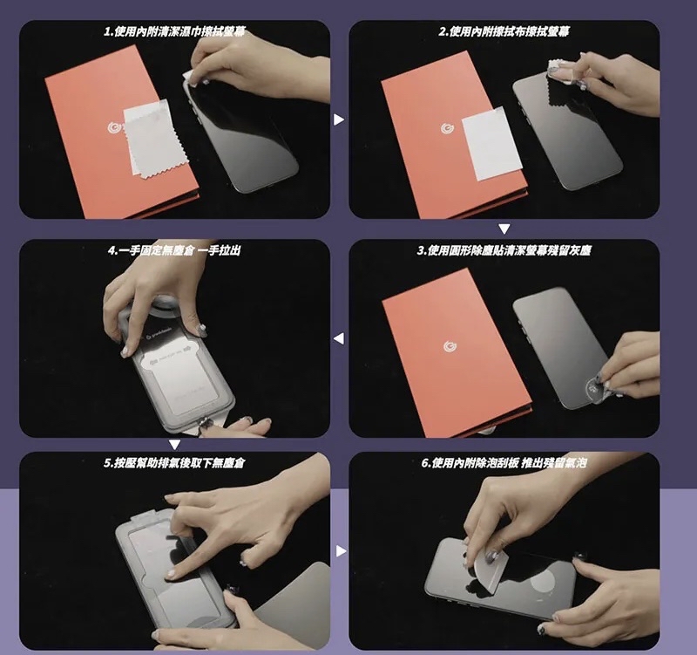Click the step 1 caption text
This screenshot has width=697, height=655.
[174, 31]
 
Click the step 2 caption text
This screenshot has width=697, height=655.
[504, 31]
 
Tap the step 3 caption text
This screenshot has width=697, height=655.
[504, 250]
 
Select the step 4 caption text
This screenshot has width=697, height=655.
[174, 250]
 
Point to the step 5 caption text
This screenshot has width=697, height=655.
[174, 463]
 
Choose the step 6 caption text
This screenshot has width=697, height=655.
[504, 463]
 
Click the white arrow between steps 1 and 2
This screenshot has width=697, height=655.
[339, 119]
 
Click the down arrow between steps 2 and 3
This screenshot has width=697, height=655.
[504, 229]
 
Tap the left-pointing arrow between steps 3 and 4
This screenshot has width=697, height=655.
[339, 338]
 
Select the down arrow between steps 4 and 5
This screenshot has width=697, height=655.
[175, 445]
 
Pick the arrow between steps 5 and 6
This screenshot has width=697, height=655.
[341, 551]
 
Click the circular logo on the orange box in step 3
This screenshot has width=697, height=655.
[450, 346]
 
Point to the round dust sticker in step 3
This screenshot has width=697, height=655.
[595, 387]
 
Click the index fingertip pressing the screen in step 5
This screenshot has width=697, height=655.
[171, 575]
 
